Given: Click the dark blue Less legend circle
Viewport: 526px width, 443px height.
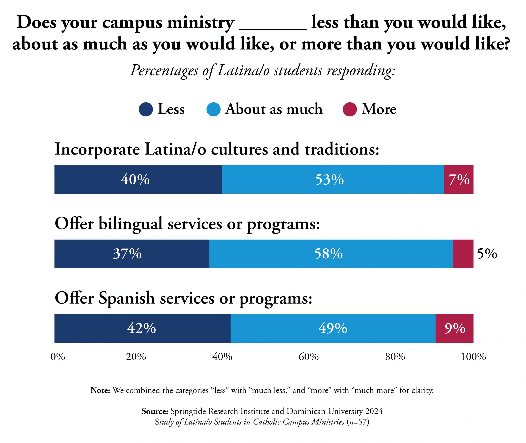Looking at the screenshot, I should [146, 110].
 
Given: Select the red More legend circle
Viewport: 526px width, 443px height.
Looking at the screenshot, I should [350, 110].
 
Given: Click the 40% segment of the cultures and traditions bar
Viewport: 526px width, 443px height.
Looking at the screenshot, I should [138, 179].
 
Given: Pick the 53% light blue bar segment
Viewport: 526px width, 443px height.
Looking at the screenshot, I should [333, 179].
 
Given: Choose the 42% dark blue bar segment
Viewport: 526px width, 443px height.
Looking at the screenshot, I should [142, 328].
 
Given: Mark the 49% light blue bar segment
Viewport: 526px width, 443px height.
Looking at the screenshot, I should [333, 328].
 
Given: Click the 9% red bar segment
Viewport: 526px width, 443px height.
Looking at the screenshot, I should [454, 328].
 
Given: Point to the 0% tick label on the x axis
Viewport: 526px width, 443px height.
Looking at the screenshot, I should [58, 357].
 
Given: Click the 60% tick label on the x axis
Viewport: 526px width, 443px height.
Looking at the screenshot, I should [308, 357].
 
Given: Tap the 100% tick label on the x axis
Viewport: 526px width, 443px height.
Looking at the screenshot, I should [473, 357].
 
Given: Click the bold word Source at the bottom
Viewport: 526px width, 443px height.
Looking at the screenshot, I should [155, 411].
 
